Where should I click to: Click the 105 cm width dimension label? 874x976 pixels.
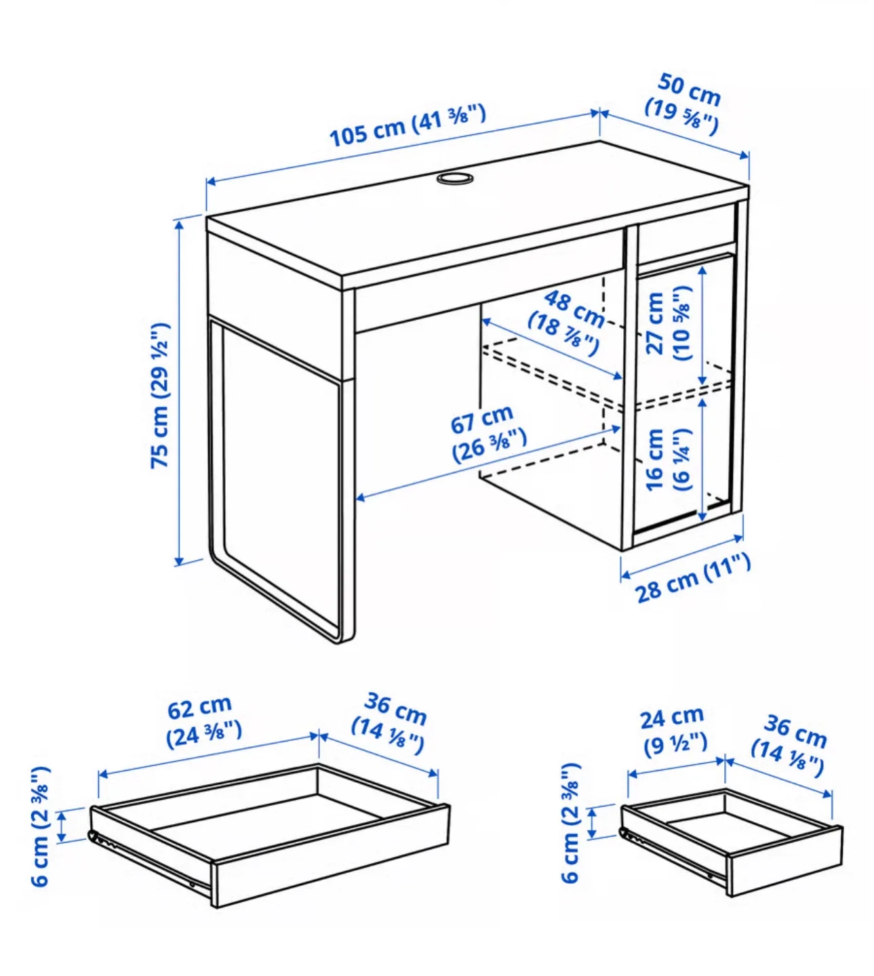click(x=407, y=125)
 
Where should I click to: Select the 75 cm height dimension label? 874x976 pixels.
click(x=160, y=395)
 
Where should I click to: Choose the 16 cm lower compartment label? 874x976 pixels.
click(x=667, y=459)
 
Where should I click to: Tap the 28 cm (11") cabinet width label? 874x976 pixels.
click(x=692, y=577)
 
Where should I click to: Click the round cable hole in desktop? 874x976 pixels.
click(x=454, y=178)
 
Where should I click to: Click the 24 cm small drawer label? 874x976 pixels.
click(x=673, y=730)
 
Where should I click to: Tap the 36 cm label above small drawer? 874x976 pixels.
click(x=791, y=744)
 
